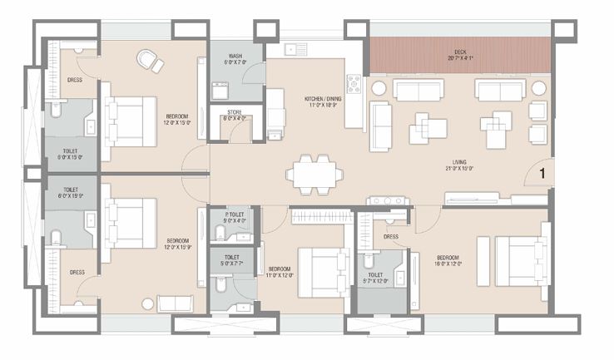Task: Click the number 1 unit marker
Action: [x=541, y=174]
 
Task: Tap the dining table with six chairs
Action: [x=314, y=174]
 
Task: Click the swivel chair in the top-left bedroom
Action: [x=150, y=60]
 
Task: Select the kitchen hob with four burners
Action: [x=354, y=84]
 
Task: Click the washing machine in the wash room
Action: [x=220, y=90]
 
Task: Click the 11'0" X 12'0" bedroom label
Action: [x=279, y=273]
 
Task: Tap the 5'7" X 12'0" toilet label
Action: [x=375, y=277]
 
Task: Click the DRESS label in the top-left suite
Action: [x=73, y=80]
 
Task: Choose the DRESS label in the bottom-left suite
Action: [x=77, y=272]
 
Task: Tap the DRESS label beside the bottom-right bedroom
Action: [x=391, y=236]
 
